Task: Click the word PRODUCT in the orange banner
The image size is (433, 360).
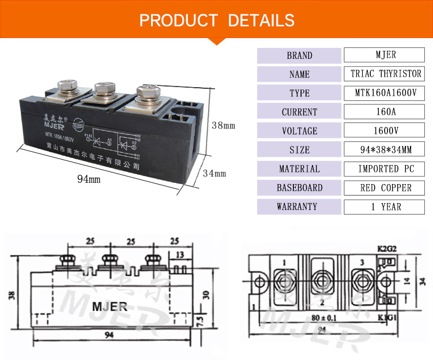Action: (x=178, y=21)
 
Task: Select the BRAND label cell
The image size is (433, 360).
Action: (x=299, y=55)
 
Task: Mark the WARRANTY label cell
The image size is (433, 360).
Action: (x=299, y=207)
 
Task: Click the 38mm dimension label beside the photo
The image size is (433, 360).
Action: (x=223, y=125)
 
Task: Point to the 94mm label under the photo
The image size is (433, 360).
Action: (x=89, y=179)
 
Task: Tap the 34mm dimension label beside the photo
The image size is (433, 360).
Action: (x=214, y=173)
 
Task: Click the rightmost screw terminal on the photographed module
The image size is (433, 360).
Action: (x=145, y=92)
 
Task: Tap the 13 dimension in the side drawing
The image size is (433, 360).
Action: (x=181, y=254)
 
